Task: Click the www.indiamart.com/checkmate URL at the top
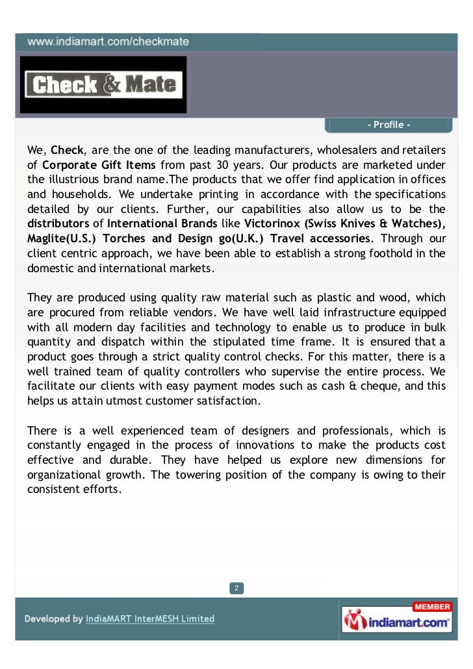[x=108, y=41]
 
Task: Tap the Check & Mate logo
[x=103, y=84]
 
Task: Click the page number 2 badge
[x=236, y=588]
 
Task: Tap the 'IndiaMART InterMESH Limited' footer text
[x=150, y=619]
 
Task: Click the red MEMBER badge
[x=431, y=607]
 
